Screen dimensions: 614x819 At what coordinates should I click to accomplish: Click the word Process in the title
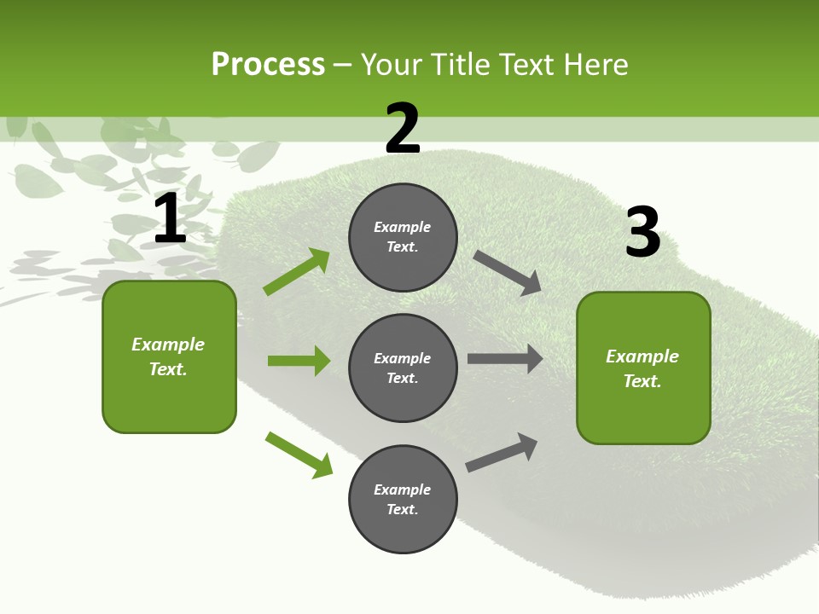268,65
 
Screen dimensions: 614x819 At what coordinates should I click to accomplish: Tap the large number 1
170,219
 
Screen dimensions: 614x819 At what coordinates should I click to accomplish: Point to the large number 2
403,129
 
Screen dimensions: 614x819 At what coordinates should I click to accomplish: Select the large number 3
642,232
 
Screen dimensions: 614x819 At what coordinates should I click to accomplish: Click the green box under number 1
169,356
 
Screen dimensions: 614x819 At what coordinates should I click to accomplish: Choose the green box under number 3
643,368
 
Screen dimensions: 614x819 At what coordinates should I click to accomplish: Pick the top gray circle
403,237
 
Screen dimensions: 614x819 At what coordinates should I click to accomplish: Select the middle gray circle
403,368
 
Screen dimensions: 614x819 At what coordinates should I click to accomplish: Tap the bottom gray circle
403,499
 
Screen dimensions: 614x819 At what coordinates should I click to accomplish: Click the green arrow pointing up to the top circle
297,272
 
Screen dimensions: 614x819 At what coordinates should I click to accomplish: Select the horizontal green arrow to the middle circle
299,361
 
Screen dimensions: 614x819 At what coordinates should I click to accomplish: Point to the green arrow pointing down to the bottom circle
299,455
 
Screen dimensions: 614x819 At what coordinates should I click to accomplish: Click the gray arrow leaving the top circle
507,272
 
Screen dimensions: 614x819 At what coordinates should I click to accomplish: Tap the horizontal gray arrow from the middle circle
504,358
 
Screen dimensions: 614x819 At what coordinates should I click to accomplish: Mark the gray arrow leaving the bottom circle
502,452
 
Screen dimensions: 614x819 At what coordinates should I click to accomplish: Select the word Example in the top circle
403,228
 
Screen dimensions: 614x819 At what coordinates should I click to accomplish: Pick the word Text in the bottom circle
401,509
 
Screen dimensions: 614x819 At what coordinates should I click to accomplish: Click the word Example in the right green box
642,356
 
